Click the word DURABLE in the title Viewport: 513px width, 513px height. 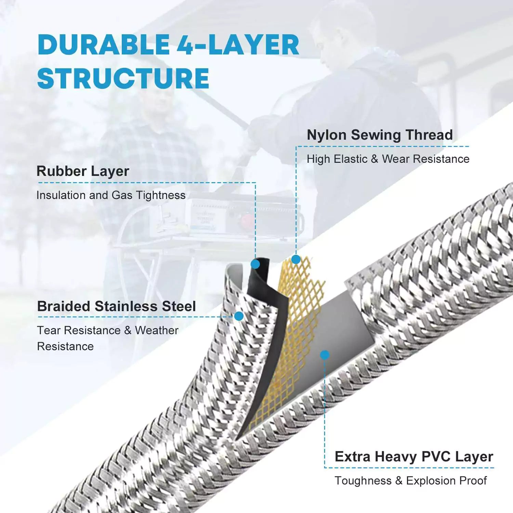(x=103, y=45)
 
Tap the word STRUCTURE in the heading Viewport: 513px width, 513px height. (x=123, y=79)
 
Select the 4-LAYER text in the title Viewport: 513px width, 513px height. (x=238, y=45)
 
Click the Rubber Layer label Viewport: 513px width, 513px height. (x=83, y=171)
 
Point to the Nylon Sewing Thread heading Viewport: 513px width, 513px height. (x=380, y=135)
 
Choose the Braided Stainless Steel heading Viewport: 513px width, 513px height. (x=116, y=306)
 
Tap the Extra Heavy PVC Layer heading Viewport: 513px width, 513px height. (x=414, y=457)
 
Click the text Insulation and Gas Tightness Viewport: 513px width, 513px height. (x=111, y=195)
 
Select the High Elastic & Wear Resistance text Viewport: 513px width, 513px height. (x=388, y=159)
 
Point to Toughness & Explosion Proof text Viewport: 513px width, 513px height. (x=410, y=481)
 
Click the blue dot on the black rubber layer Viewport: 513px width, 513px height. (x=255, y=264)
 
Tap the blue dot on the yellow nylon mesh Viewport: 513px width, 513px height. (x=296, y=260)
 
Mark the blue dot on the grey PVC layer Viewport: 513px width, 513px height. (x=325, y=355)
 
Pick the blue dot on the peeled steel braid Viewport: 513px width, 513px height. (x=239, y=316)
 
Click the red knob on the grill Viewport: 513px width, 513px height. (x=249, y=219)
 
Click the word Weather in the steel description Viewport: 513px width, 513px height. (x=156, y=330)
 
